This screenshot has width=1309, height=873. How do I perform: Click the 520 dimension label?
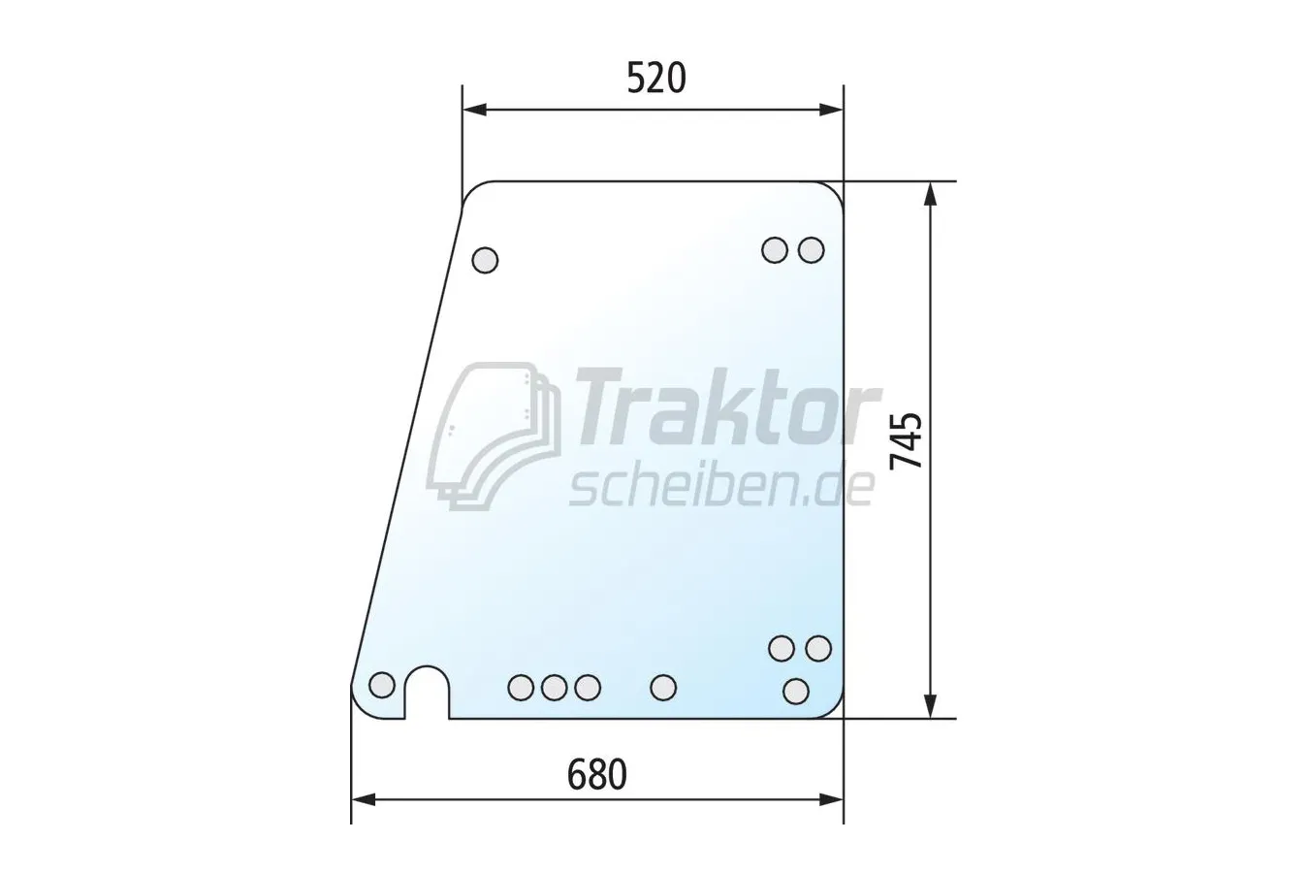[x=656, y=79]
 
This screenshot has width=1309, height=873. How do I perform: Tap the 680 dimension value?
[x=596, y=774]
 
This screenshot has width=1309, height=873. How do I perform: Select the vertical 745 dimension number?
[x=906, y=441]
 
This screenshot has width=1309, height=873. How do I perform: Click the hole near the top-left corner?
[x=485, y=260]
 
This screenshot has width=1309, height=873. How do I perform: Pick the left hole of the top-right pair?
[x=775, y=250]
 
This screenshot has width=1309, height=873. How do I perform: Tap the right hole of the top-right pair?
[x=812, y=250]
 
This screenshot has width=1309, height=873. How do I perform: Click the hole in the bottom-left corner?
[x=382, y=685]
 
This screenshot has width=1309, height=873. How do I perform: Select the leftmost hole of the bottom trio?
[x=521, y=687]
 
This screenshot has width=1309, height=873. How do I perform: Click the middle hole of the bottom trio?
[x=554, y=687]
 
